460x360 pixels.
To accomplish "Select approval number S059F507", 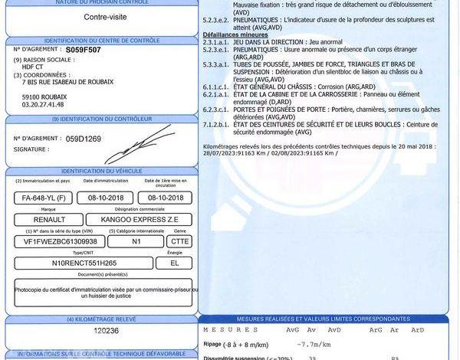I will point(84,47).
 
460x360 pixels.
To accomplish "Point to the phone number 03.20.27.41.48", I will point(47,105).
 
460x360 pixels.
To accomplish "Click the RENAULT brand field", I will point(38,218).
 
